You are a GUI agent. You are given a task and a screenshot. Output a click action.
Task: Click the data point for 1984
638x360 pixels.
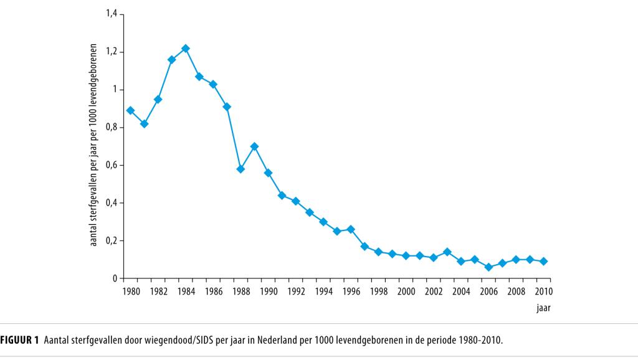pos(186,49)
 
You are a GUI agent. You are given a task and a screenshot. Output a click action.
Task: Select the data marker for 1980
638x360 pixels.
pos(130,110)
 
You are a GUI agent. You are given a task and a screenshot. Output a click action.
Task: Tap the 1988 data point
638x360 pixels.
pos(240,169)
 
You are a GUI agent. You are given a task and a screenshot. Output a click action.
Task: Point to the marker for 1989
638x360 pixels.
pos(254,146)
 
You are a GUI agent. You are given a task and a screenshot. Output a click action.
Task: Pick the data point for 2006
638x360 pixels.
pos(488,267)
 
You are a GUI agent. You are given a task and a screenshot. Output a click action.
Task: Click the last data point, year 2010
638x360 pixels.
pos(543,262)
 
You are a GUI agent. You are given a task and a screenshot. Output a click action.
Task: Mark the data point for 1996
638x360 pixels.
pos(351,229)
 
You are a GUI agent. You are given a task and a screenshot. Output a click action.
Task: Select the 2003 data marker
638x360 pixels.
pos(447,252)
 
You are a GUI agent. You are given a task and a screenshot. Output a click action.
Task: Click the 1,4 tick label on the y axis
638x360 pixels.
pos(112,14)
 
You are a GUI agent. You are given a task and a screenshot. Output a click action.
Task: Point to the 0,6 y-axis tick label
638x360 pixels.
pos(112,165)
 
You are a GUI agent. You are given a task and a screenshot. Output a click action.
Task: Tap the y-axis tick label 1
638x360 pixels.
pos(115,90)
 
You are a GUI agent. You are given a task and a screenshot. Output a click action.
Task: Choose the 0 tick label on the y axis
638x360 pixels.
pos(115,278)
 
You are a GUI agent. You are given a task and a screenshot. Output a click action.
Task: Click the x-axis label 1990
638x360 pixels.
pos(269,291)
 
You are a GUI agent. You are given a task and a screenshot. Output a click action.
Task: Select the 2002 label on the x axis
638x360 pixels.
pos(434,291)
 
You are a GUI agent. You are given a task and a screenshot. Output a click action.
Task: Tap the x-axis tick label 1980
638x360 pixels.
pos(131,291)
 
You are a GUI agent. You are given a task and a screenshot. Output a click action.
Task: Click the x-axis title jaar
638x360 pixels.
pos(543,307)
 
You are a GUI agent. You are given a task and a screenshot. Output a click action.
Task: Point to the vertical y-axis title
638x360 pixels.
pos(95,145)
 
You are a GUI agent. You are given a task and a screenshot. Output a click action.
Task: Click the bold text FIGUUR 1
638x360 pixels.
pos(19,340)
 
